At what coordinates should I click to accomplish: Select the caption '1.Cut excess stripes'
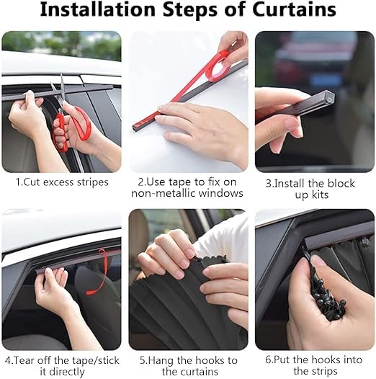pyautogui.click(x=62, y=182)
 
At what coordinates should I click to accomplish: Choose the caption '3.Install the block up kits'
pyautogui.click(x=314, y=188)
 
